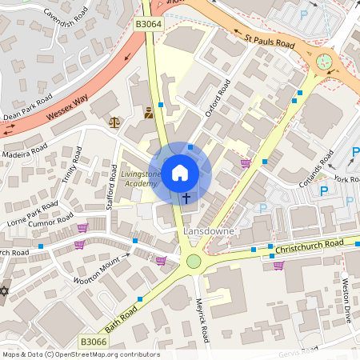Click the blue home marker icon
180,171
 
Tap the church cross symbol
186,198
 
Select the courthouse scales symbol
114,122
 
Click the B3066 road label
93,342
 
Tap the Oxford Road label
217,98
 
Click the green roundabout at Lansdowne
193,261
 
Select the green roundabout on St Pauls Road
324,62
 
